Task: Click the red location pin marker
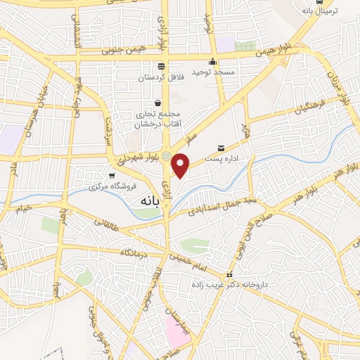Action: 181,165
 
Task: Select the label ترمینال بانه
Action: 319,11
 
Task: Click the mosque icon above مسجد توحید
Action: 212,61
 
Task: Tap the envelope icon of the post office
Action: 221,148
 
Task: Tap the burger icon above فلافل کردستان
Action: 162,65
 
